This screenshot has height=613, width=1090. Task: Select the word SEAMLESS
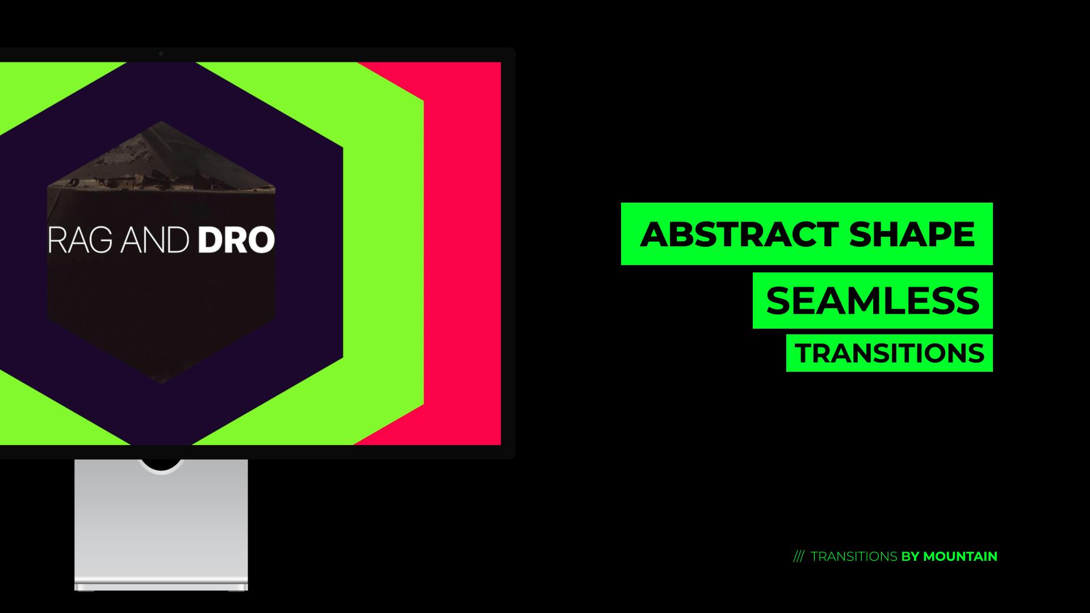point(873,301)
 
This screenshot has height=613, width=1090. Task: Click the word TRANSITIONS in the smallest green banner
point(890,354)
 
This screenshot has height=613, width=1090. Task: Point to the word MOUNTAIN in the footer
point(960,557)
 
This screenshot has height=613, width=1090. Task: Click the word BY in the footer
point(910,557)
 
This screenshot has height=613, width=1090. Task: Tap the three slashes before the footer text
point(798,557)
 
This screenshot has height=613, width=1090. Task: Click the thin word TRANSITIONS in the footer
point(854,557)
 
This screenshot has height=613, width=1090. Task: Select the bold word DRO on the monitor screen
point(236,241)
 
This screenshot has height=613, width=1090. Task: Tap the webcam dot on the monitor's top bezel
point(161,54)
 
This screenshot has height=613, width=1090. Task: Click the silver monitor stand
point(161,522)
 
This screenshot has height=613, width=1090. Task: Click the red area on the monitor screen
point(463,255)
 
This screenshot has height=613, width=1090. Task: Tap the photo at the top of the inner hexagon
point(161,165)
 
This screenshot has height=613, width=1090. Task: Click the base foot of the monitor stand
point(161,585)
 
